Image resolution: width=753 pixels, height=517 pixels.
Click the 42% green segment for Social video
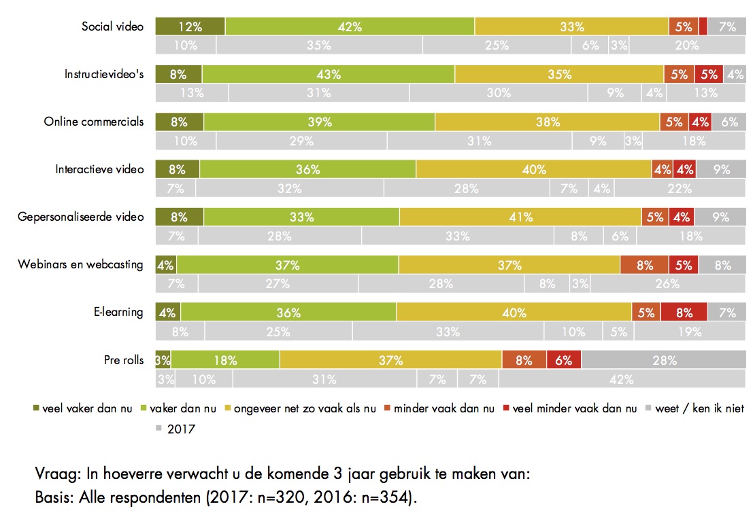(350, 26)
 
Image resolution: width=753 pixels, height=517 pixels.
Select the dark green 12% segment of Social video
(190, 26)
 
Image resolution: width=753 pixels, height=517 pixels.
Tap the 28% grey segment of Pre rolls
(664, 360)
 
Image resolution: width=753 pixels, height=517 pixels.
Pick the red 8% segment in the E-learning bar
(684, 313)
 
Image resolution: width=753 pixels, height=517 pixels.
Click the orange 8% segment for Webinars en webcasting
(644, 265)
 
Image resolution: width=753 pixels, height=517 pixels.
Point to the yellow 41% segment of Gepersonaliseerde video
(520, 217)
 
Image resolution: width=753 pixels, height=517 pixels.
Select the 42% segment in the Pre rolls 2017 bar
(621, 379)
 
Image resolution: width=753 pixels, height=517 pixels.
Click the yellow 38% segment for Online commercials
(547, 122)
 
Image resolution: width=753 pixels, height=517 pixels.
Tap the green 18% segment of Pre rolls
(225, 360)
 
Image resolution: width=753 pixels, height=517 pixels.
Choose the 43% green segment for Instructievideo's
(328, 75)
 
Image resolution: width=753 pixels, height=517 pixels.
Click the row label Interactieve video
(99, 169)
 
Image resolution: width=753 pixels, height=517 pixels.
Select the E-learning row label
(118, 312)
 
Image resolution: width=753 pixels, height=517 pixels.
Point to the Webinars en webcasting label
(80, 264)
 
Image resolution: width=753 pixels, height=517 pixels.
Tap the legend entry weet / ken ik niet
(698, 409)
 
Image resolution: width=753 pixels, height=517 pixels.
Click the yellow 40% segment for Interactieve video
(534, 170)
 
